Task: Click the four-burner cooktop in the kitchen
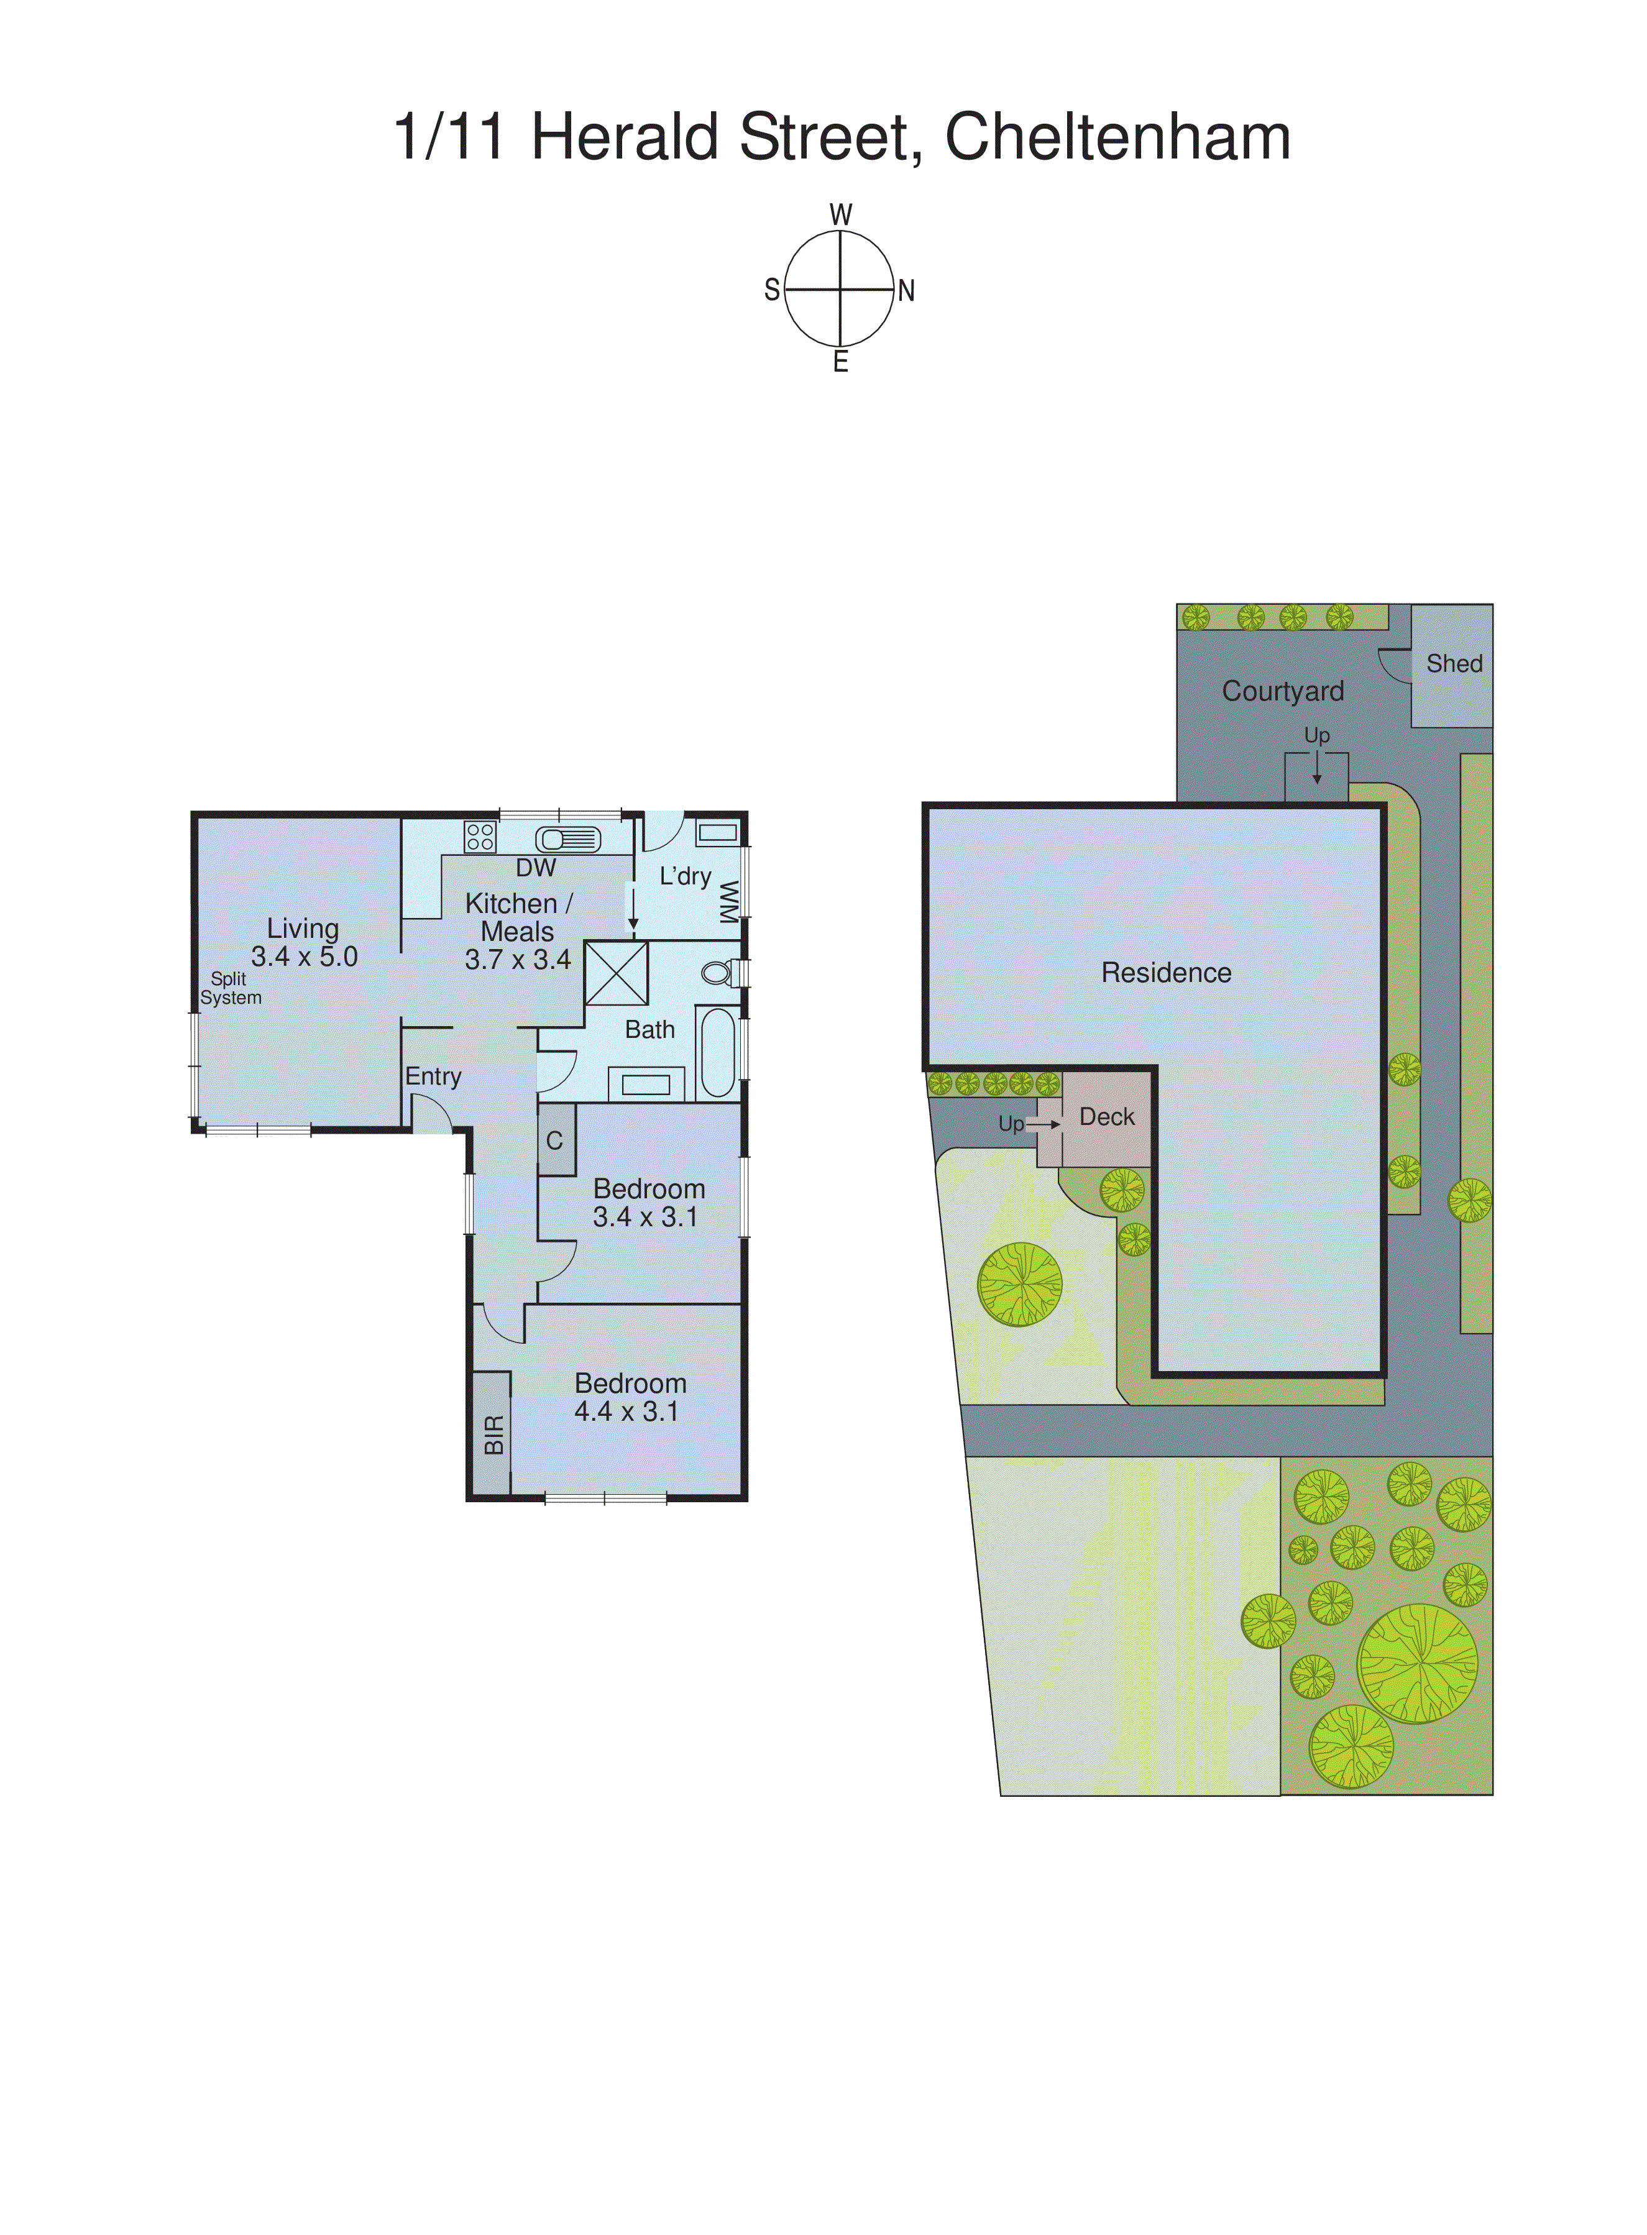[480, 837]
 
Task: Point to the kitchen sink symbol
[568, 840]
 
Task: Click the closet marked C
[555, 1140]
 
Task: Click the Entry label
[433, 1076]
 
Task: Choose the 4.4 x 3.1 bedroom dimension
[626, 1411]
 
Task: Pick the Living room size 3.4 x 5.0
[304, 957]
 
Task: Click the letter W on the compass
[840, 214]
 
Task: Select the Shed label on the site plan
[1454, 663]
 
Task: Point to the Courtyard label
[1282, 691]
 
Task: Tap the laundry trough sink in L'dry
[717, 832]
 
